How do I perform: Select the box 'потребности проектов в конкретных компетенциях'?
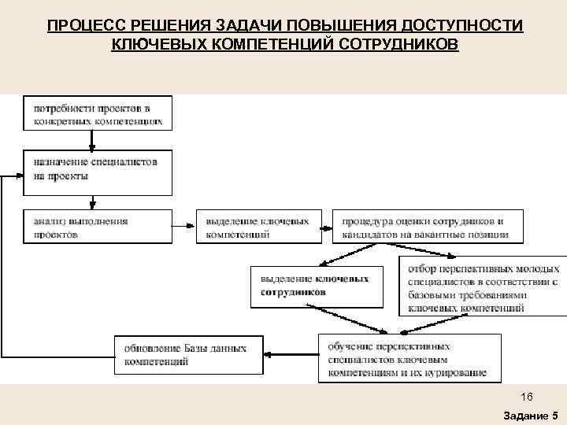pyautogui.click(x=98, y=113)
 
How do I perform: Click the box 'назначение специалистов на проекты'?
pyautogui.click(x=98, y=170)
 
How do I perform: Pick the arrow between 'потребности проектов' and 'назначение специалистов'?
pyautogui.click(x=93, y=140)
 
